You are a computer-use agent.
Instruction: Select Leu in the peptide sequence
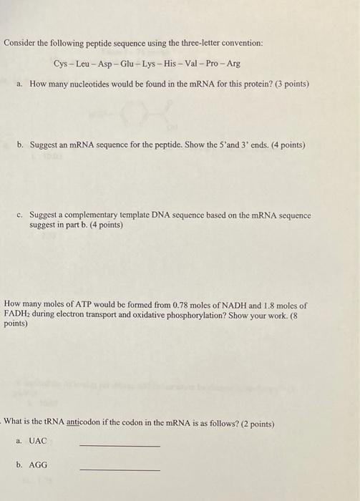[x=84, y=64]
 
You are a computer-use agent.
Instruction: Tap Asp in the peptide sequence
[x=107, y=64]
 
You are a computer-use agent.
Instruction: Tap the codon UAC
[x=38, y=442]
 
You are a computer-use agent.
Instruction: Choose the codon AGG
[x=38, y=464]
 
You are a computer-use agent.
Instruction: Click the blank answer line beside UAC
[x=120, y=446]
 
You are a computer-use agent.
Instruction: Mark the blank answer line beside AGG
[x=120, y=469]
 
